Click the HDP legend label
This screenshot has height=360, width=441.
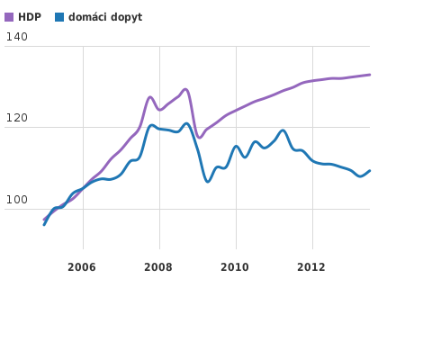tap(29, 17)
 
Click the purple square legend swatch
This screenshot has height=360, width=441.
tap(9, 17)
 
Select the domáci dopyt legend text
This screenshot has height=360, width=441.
tap(104, 17)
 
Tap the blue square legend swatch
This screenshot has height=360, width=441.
tap(59, 17)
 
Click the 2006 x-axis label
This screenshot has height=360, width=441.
tap(82, 266)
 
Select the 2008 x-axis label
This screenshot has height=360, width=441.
tap(158, 266)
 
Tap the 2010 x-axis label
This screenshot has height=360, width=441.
tap(235, 266)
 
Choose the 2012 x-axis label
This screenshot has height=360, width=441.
tap(311, 266)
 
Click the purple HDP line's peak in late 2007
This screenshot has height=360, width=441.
tap(150, 96)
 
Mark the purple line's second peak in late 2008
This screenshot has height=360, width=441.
tap(185, 89)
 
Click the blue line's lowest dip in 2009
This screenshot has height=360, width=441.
tap(208, 182)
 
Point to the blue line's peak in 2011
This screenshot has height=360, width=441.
tap(283, 130)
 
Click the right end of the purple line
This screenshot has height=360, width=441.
tap(370, 75)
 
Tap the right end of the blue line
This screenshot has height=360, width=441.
tap(370, 170)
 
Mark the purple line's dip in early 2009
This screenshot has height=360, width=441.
tap(200, 137)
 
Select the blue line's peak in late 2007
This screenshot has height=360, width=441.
tap(152, 125)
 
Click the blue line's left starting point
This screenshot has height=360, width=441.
tap(43, 224)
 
